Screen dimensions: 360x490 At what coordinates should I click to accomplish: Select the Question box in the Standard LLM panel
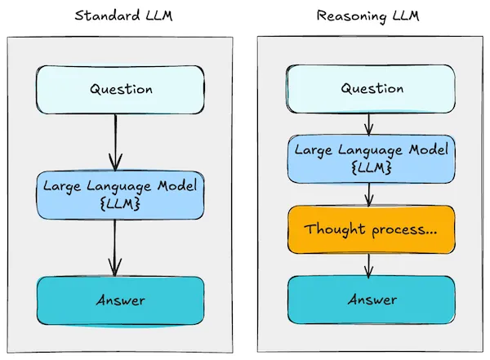pos(118,88)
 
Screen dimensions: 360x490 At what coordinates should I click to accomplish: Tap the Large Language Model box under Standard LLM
pos(118,194)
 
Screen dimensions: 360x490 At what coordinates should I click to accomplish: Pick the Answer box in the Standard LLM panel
pos(118,300)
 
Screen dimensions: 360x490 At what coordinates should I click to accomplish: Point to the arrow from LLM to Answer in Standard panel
pos(115,247)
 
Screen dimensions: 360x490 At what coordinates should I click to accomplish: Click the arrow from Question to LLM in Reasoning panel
pos(369,123)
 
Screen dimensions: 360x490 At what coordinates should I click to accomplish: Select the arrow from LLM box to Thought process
pos(369,193)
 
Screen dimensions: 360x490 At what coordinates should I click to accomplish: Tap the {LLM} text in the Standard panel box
pos(118,203)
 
